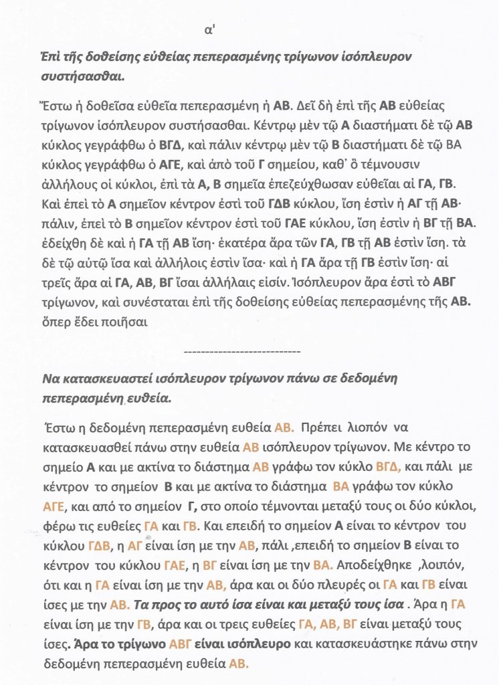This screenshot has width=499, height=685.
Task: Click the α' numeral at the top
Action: coord(211,31)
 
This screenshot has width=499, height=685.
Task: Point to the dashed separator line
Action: coord(241,351)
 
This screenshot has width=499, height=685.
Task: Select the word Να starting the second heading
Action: coord(50,379)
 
